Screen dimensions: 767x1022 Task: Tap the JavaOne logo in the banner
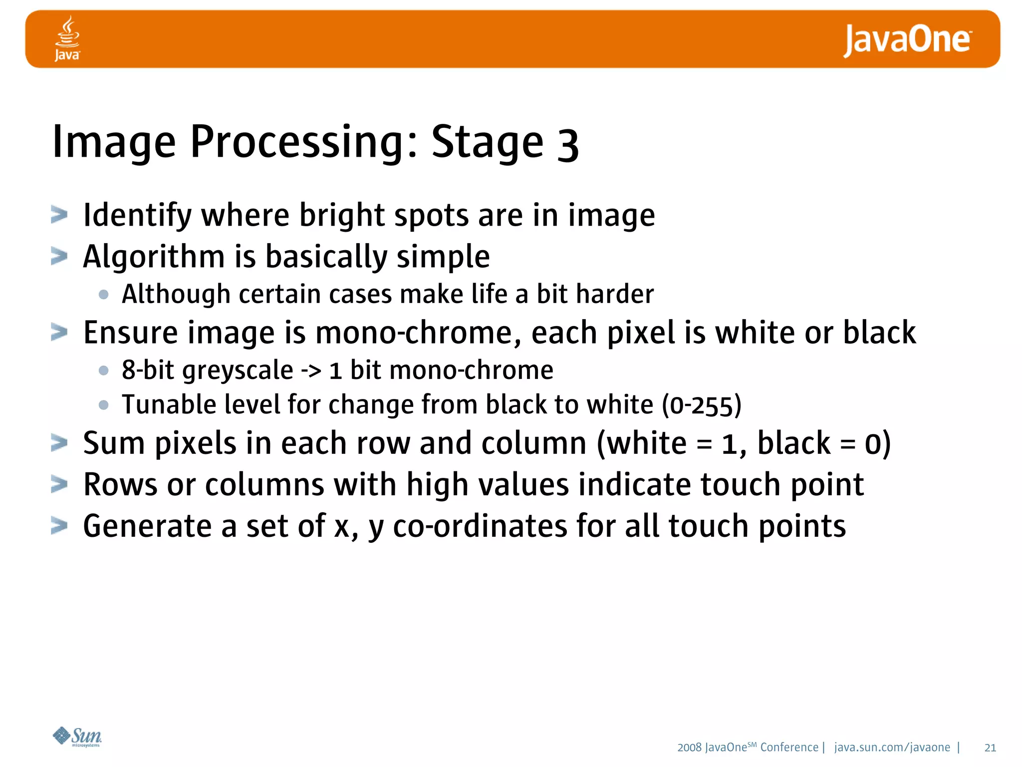click(907, 40)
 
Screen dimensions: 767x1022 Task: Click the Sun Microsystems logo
click(77, 737)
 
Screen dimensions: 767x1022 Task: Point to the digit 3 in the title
click(567, 146)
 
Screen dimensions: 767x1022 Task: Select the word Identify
click(137, 216)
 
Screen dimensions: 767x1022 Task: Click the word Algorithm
click(154, 257)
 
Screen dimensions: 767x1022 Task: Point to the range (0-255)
click(702, 405)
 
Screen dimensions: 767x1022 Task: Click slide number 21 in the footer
click(990, 748)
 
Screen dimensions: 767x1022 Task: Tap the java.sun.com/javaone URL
click(892, 748)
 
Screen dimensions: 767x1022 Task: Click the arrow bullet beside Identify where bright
click(59, 215)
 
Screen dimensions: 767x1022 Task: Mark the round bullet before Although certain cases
click(104, 295)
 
